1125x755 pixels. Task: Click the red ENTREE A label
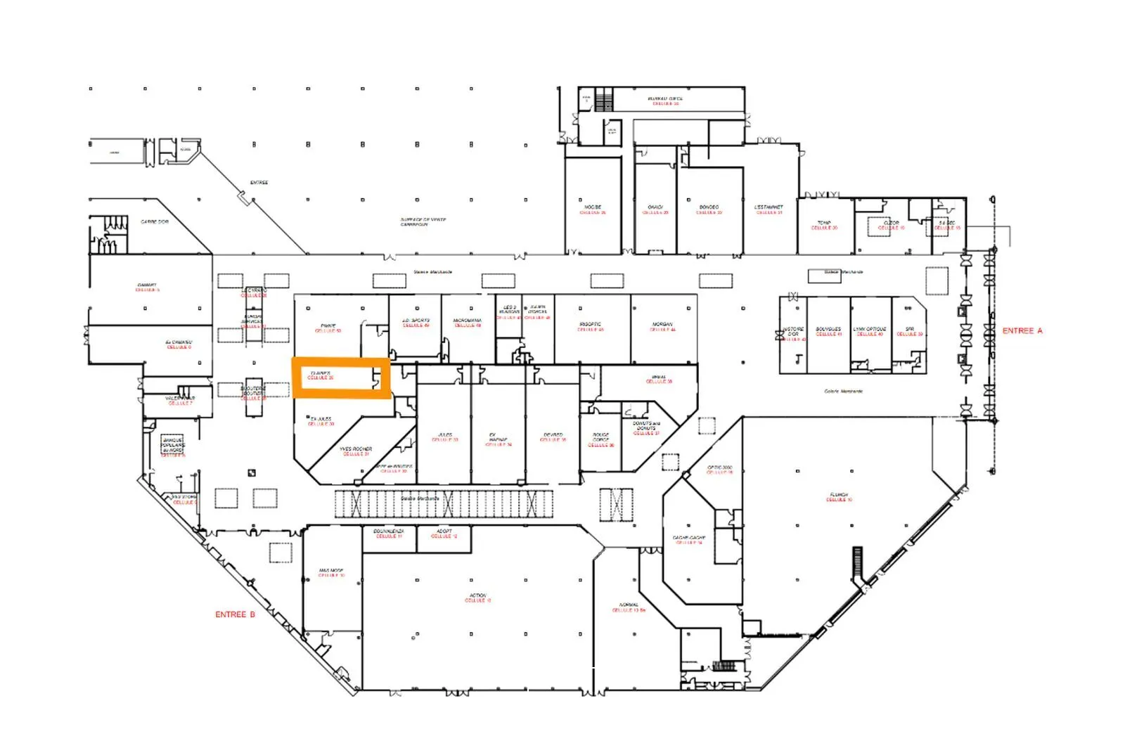click(x=1022, y=330)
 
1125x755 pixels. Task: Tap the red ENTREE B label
click(x=235, y=614)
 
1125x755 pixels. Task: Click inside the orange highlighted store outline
click(x=341, y=379)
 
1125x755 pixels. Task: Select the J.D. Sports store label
click(x=416, y=323)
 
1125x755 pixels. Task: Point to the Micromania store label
click(x=468, y=323)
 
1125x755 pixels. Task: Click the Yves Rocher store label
click(x=356, y=451)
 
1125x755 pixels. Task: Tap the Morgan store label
click(x=662, y=326)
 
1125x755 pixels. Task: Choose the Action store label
click(x=477, y=598)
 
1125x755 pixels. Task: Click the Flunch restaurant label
click(x=839, y=497)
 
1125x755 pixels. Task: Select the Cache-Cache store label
click(x=689, y=540)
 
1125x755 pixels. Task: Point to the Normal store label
click(x=629, y=607)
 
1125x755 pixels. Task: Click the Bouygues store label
click(x=828, y=331)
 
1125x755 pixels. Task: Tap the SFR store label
click(x=910, y=331)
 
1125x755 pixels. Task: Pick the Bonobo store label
click(x=709, y=209)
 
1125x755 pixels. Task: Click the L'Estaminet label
click(x=769, y=209)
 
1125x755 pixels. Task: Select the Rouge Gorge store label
click(x=601, y=439)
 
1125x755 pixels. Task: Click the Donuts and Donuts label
click(x=646, y=427)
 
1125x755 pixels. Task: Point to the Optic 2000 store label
click(x=719, y=470)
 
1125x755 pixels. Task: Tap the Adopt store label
click(x=444, y=533)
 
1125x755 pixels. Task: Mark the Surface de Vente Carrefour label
click(x=423, y=222)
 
